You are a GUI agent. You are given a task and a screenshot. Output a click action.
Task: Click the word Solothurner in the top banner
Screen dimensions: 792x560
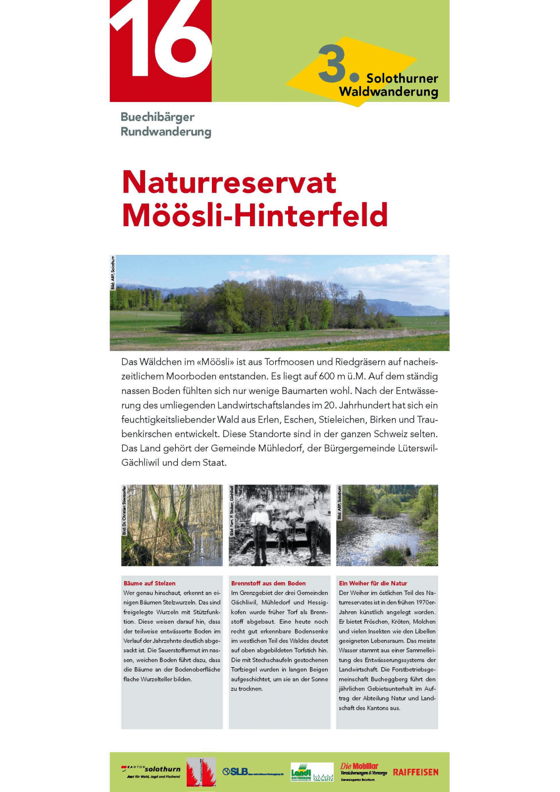[x=402, y=78]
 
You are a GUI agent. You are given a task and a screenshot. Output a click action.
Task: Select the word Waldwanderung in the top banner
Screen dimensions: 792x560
[x=389, y=92]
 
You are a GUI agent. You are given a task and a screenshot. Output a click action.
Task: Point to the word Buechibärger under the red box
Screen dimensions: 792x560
[x=157, y=117]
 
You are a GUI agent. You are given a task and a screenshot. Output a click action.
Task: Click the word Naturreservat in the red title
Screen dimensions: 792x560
[x=229, y=182]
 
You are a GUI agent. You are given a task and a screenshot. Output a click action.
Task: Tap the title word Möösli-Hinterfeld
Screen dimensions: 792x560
[x=255, y=215]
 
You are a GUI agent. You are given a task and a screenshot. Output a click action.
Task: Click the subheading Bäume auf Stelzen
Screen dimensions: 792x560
[x=150, y=583]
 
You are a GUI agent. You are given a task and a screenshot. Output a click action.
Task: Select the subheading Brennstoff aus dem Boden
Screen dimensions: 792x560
[x=268, y=583]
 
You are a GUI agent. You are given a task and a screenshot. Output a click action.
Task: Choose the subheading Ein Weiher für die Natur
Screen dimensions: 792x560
[x=373, y=583]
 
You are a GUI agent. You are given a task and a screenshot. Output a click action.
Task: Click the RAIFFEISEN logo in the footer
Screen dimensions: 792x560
[x=415, y=772]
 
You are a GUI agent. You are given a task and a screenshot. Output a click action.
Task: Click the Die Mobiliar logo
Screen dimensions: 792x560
[x=363, y=771]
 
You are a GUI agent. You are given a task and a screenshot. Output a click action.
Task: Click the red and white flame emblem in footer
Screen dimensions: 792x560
[x=201, y=772]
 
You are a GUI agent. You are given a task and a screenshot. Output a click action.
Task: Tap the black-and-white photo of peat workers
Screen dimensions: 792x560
[x=280, y=525]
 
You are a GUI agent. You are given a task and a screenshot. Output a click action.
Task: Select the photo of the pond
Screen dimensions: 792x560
[x=387, y=525]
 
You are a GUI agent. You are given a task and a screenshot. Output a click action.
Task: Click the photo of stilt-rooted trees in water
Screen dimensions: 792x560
[x=172, y=525]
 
